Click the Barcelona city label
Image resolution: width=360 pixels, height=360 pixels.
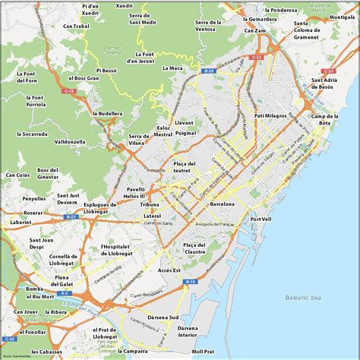pyautogui.click(x=223, y=204)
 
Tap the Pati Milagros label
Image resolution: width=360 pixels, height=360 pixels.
pyautogui.click(x=270, y=115)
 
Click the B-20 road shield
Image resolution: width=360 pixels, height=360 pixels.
pyautogui.click(x=210, y=71)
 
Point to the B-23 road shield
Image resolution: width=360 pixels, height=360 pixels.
pyautogui.click(x=71, y=216)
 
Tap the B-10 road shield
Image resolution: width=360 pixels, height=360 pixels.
pyautogui.click(x=191, y=282)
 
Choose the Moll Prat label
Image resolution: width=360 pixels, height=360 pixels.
pyautogui.click(x=203, y=352)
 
